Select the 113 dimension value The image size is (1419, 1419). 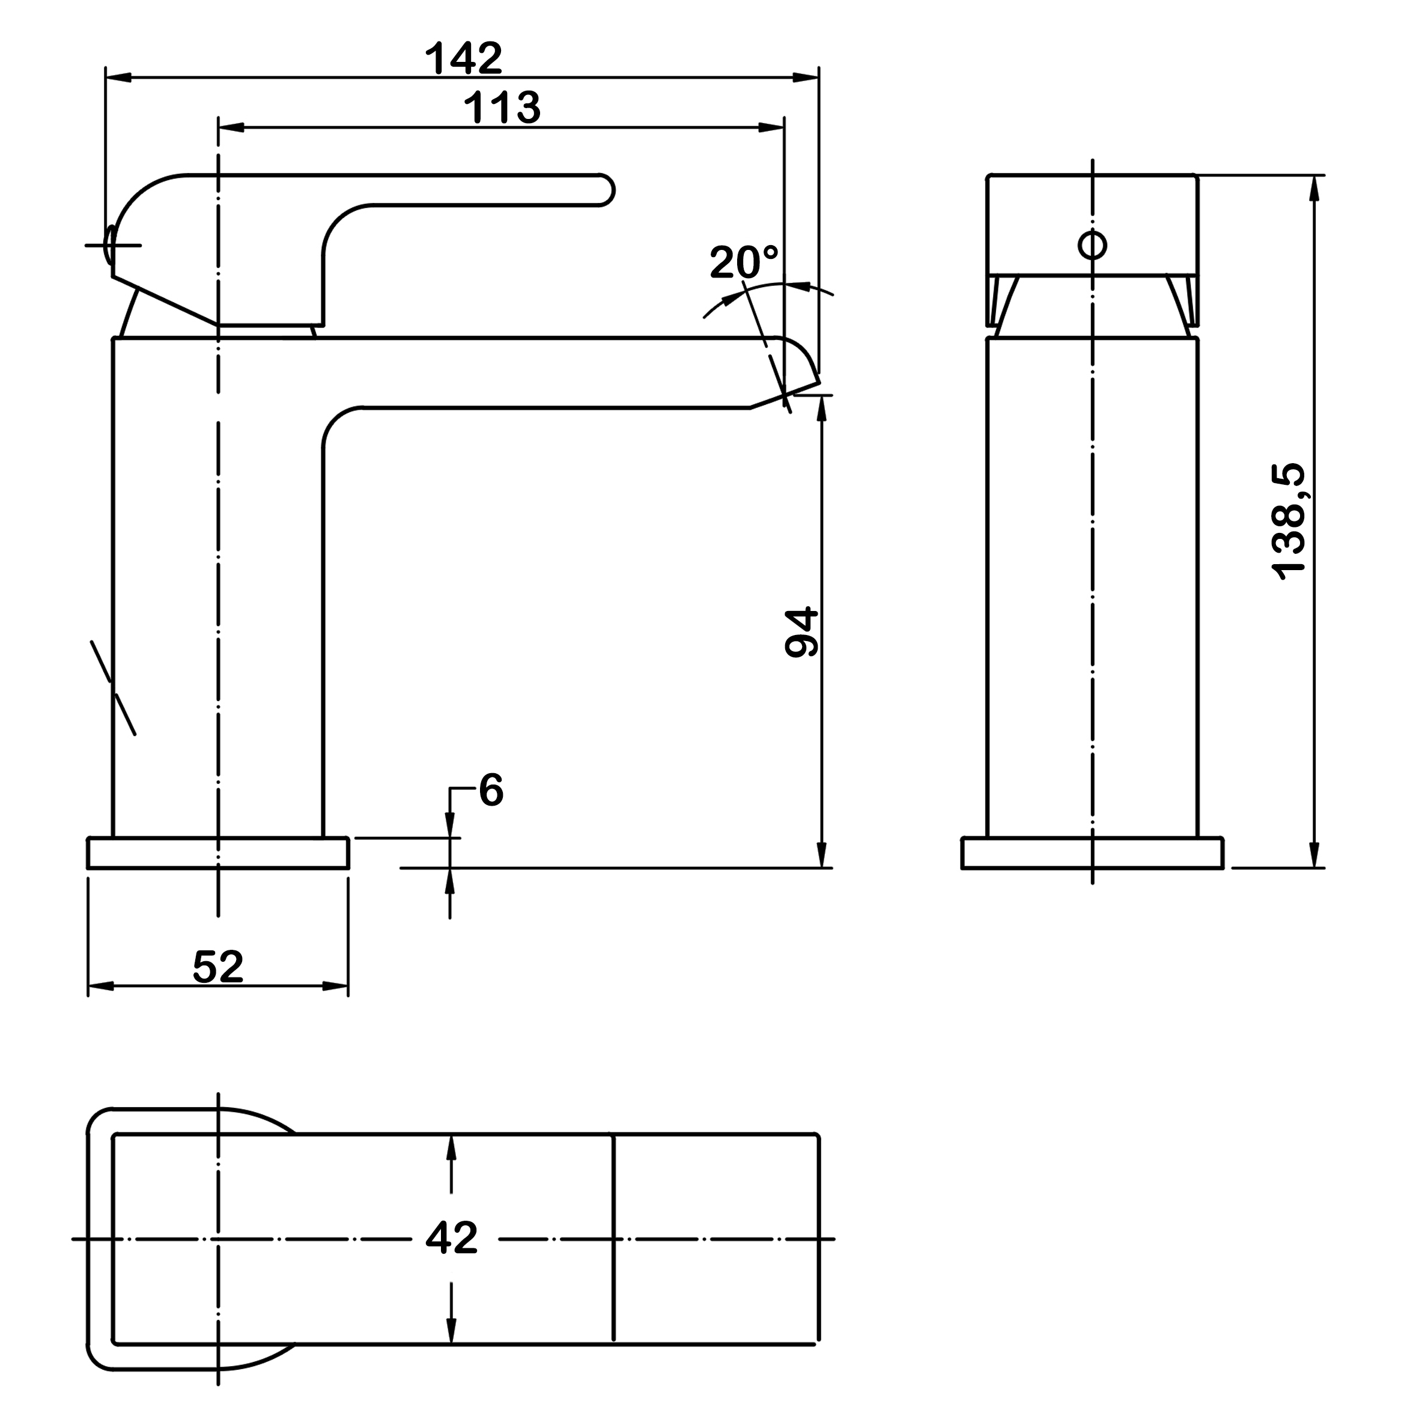pos(502,107)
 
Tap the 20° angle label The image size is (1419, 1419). pos(743,261)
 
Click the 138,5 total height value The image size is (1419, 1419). pos(1289,521)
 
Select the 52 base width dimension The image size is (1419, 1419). pos(218,967)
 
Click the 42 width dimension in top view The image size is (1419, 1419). pos(452,1238)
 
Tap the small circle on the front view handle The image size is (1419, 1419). pos(1092,245)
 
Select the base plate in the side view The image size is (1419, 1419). pos(218,852)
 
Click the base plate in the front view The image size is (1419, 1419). pos(1092,852)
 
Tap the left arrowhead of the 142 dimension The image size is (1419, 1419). pos(118,77)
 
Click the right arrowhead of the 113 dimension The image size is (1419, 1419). pos(771,128)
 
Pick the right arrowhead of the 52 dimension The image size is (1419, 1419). pos(335,986)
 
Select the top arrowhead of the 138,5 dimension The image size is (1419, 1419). pos(1314,188)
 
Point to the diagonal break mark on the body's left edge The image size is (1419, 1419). pos(113,687)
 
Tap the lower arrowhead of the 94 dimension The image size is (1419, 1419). pos(822,855)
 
